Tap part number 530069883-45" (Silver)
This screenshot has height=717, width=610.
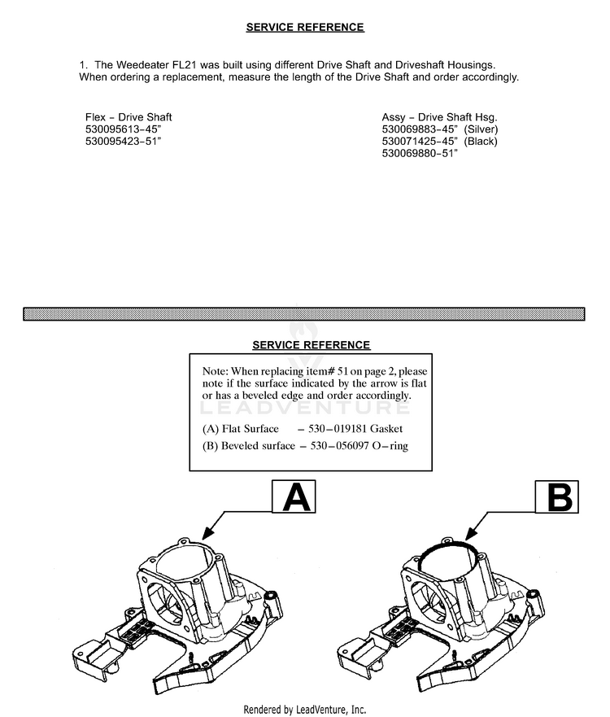[439, 129]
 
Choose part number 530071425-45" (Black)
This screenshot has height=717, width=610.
[439, 141]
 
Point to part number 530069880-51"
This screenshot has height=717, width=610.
[420, 153]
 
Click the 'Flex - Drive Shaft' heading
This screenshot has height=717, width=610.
[129, 117]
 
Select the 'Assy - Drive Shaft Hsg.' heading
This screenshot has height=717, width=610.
[439, 117]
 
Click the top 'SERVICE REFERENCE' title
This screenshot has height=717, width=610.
[305, 28]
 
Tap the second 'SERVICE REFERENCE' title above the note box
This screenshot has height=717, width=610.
[312, 345]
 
